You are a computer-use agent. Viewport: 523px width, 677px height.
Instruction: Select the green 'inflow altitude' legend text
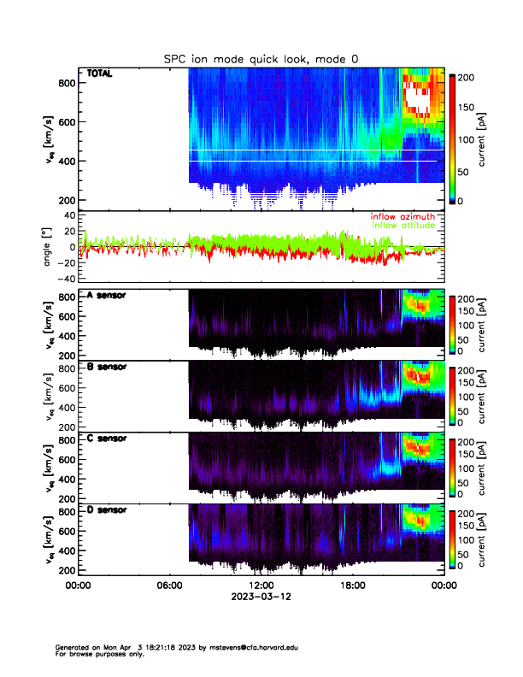click(x=405, y=225)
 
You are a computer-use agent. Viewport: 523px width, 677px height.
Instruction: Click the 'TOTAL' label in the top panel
click(x=100, y=74)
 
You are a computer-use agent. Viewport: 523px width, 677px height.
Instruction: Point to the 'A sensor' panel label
click(x=107, y=296)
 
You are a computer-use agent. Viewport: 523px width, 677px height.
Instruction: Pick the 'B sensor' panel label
click(x=107, y=367)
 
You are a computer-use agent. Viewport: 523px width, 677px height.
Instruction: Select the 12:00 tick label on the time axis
click(x=261, y=586)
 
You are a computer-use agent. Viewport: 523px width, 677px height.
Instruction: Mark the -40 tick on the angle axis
click(x=64, y=279)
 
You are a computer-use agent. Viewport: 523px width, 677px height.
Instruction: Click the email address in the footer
click(x=265, y=648)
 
